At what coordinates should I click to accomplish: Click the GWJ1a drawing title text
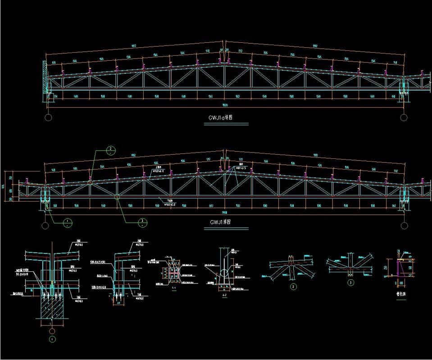coord(220,118)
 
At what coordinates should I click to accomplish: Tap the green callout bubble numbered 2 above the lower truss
coord(109,150)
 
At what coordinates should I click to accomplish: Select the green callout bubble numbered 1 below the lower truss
coord(67,222)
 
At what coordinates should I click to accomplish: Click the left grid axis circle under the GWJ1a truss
coord(48,117)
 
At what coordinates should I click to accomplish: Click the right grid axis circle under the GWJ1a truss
coord(404,117)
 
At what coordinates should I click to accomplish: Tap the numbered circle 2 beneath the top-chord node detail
coord(294,286)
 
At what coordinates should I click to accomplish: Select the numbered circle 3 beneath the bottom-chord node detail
coord(350,283)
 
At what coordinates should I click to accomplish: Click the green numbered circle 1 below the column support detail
coord(52,338)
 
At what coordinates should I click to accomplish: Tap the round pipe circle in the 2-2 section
coord(224,273)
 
